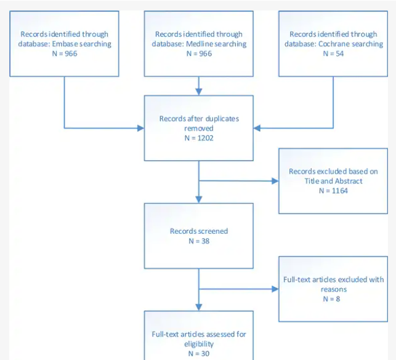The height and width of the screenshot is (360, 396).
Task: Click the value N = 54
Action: click(x=333, y=54)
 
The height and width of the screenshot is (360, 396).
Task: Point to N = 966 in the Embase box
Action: click(x=65, y=54)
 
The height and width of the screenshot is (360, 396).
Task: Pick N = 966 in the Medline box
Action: click(x=199, y=54)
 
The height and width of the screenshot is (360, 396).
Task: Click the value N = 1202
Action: click(x=199, y=138)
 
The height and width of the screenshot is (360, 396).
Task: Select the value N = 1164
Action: click(x=333, y=191)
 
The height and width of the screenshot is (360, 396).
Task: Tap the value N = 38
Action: click(x=199, y=241)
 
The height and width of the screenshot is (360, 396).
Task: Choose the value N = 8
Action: click(x=331, y=299)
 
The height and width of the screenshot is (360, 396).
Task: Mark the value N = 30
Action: click(x=199, y=354)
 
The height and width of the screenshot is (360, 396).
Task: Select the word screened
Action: click(x=213, y=231)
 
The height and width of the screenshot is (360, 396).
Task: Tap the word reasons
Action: click(x=334, y=289)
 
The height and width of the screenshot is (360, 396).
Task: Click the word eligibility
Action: click(x=199, y=344)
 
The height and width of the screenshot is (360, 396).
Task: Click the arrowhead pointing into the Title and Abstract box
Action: click(x=275, y=181)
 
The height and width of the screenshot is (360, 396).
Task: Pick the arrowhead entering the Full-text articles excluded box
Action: click(x=275, y=289)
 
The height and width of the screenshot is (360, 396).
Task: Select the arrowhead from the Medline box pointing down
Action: click(x=199, y=92)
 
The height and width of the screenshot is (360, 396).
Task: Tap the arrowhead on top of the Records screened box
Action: click(x=199, y=199)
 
